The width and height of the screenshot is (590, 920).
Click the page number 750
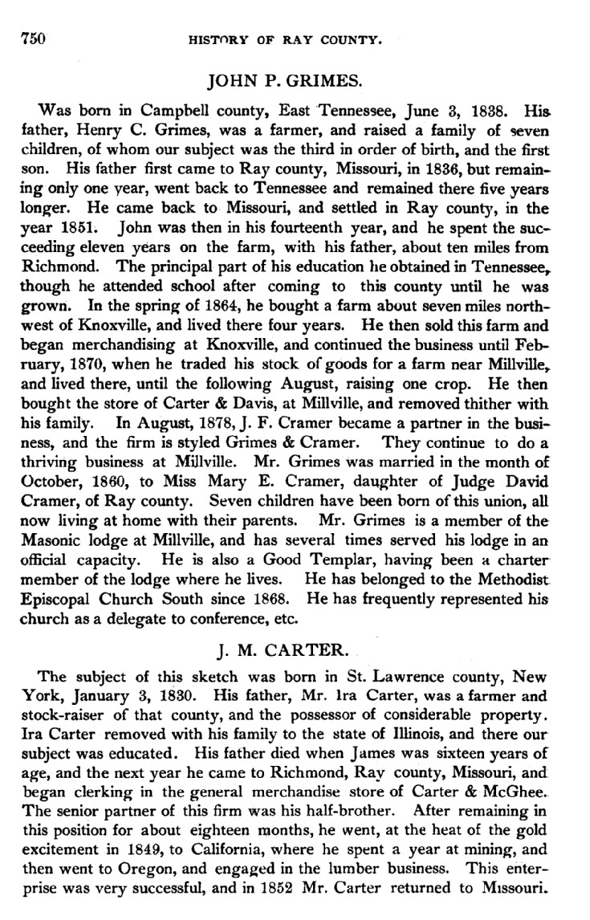click(x=32, y=37)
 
